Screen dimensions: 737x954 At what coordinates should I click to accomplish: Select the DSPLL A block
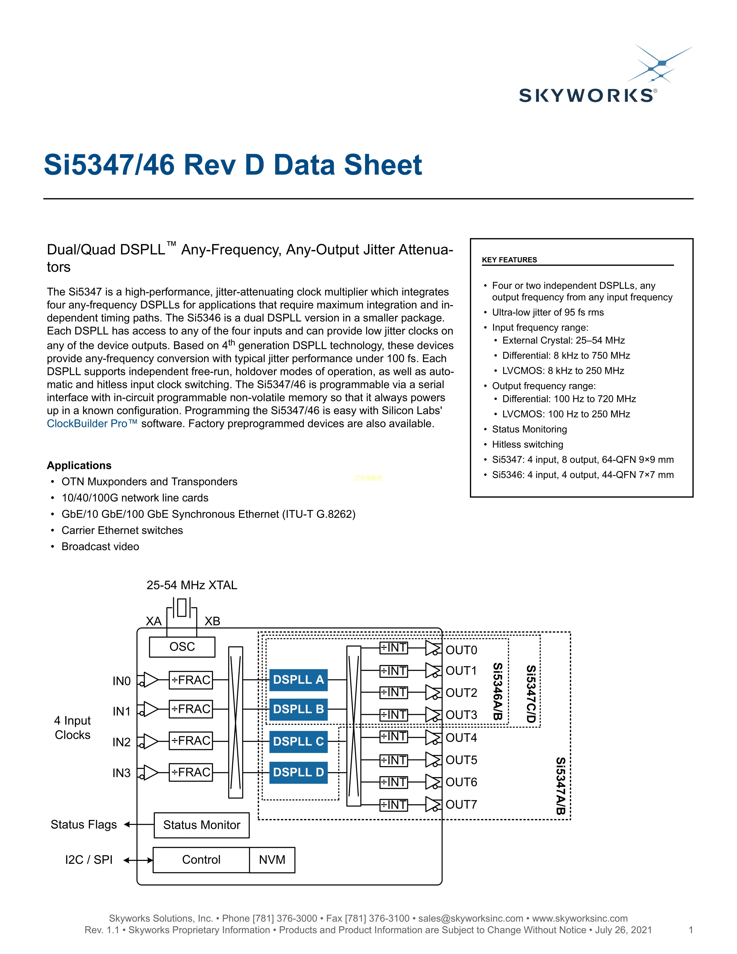click(x=298, y=680)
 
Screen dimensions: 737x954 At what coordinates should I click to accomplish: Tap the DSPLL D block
click(x=298, y=772)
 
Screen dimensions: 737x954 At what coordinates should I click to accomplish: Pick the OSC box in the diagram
click(x=182, y=646)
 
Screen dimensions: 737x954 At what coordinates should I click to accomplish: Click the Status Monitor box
click(x=202, y=825)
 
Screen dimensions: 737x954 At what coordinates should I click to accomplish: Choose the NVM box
click(x=272, y=860)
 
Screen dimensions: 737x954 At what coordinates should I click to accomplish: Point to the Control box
click(x=201, y=860)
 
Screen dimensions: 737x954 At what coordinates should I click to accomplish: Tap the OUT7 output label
click(x=461, y=804)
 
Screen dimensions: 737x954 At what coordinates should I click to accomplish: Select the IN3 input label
click(x=121, y=773)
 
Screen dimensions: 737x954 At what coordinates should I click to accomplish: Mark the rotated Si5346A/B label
click(x=498, y=692)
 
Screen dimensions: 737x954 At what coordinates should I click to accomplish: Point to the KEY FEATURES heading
click(x=509, y=260)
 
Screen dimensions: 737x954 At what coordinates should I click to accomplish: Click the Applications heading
click(x=79, y=465)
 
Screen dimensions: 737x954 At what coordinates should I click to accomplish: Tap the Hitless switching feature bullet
click(x=527, y=444)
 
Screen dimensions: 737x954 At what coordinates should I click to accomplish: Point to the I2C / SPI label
click(x=89, y=860)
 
